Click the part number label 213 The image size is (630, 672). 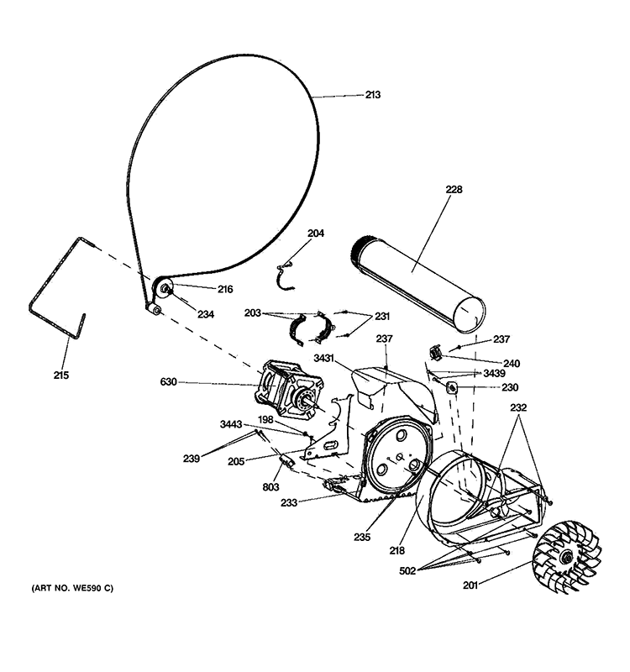pyautogui.click(x=372, y=95)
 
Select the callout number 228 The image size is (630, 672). pyautogui.click(x=454, y=190)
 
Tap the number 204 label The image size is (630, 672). pyautogui.click(x=315, y=234)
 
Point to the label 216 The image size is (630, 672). pyautogui.click(x=225, y=289)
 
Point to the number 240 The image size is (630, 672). pyautogui.click(x=512, y=364)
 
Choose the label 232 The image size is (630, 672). pyautogui.click(x=518, y=407)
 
